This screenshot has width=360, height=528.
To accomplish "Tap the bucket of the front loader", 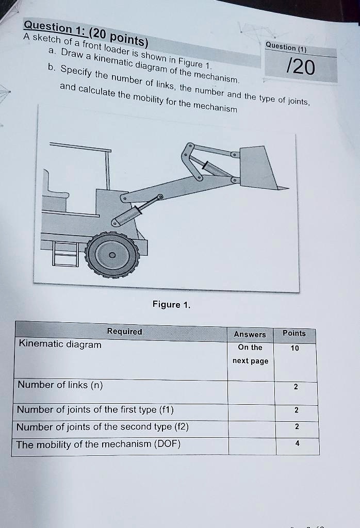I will pyautogui.click(x=258, y=168).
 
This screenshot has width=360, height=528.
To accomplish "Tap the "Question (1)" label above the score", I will pyautogui.click(x=286, y=47).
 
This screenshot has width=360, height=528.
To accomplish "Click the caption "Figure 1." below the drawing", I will pyautogui.click(x=171, y=304).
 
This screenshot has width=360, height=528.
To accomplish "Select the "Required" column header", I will pyautogui.click(x=124, y=332).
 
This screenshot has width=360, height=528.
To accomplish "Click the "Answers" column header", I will pyautogui.click(x=250, y=334).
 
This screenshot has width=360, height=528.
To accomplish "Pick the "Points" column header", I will pyautogui.click(x=294, y=333).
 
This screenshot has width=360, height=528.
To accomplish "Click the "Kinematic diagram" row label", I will pyautogui.click(x=60, y=344).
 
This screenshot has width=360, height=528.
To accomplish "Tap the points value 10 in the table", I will pyautogui.click(x=294, y=348).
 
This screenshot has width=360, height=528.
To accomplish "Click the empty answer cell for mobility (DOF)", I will pyautogui.click(x=252, y=445).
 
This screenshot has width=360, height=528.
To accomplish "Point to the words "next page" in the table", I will pyautogui.click(x=250, y=361).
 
